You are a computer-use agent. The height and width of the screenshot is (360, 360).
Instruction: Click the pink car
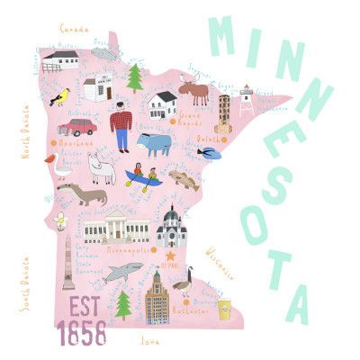coord(79,126)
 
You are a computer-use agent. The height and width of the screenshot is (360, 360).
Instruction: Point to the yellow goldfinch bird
coord(61,95)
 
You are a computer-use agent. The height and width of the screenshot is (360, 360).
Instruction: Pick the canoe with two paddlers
coord(142,176)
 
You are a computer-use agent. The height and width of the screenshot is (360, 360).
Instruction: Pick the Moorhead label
coord(76,142)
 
